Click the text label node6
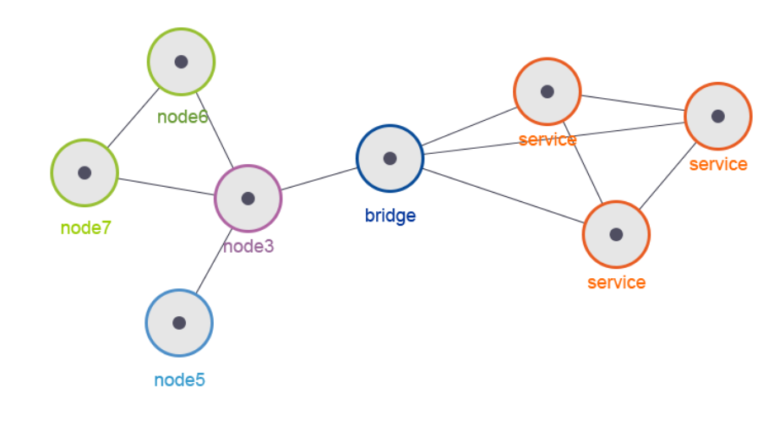click(183, 117)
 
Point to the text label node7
click(86, 228)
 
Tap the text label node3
click(248, 247)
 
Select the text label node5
click(179, 380)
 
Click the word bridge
click(390, 216)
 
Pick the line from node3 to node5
click(212, 262)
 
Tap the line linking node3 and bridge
click(319, 178)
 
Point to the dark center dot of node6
click(180, 62)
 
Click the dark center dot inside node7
click(84, 172)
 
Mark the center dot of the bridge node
click(390, 158)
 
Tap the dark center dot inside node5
click(179, 323)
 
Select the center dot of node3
click(248, 198)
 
